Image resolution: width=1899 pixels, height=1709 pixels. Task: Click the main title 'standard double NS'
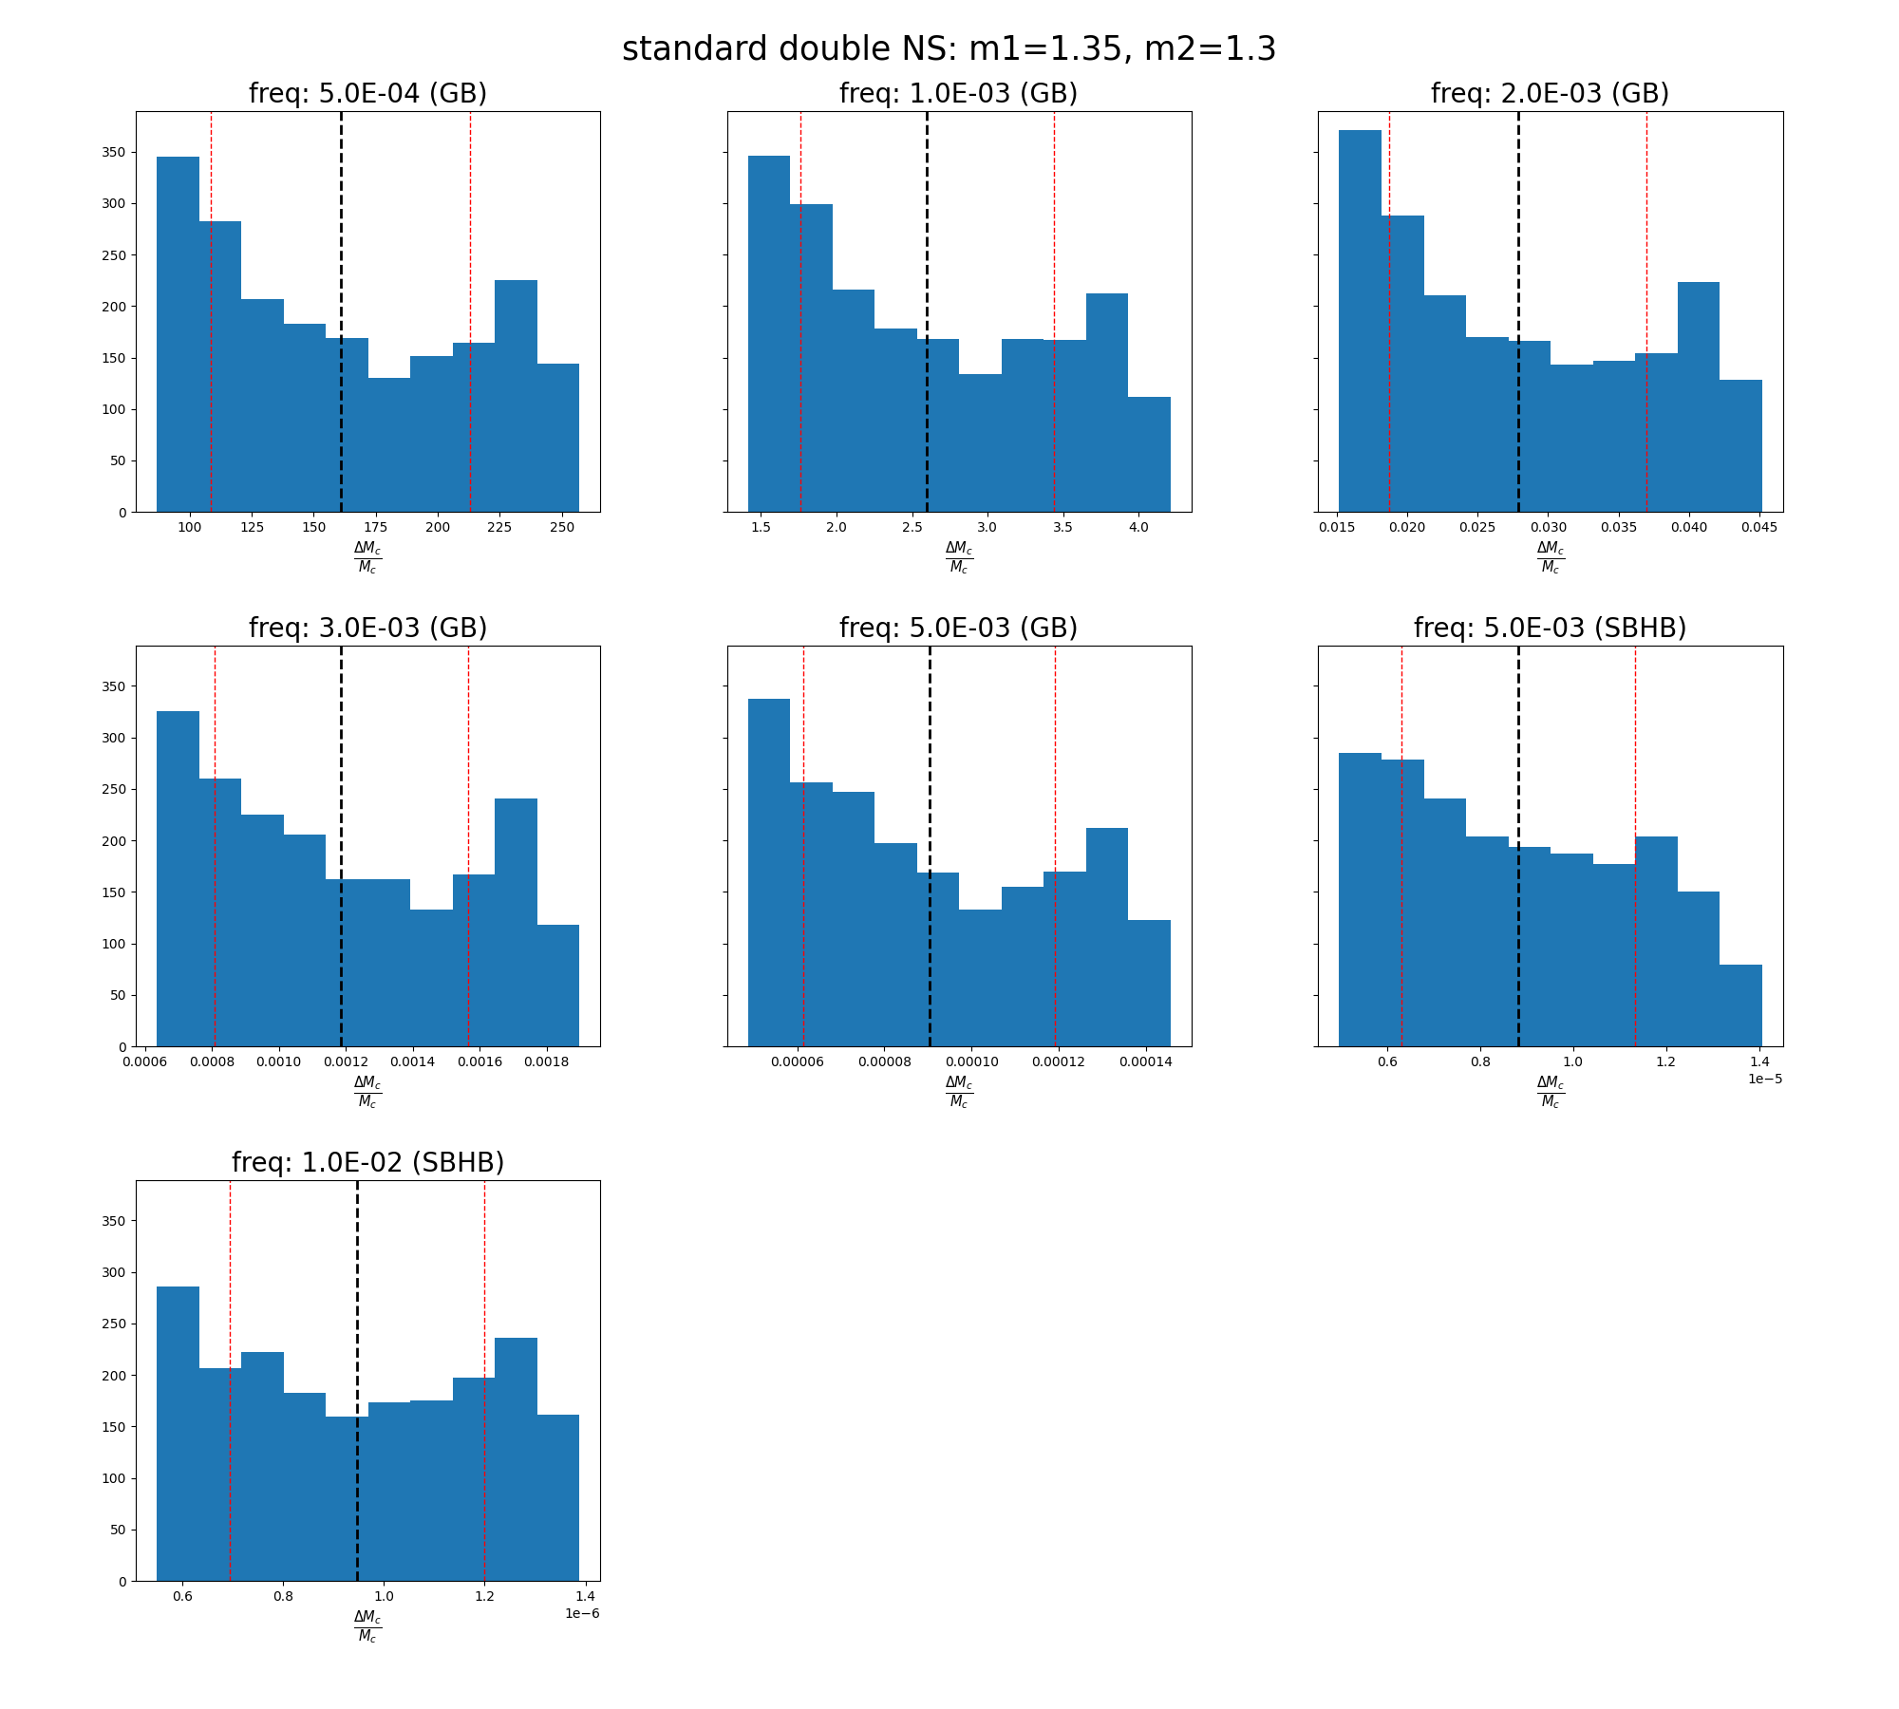[949, 49]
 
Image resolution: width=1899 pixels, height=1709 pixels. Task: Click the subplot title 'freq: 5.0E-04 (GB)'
[367, 94]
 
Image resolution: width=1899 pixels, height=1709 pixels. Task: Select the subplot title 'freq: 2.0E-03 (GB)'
[1550, 94]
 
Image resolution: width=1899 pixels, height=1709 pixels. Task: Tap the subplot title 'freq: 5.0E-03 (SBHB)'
[1550, 629]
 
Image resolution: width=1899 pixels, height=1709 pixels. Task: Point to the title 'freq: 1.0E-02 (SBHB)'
[367, 1163]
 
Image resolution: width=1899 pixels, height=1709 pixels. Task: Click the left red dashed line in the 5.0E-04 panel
[211, 285]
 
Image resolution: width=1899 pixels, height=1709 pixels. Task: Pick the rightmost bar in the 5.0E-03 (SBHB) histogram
[1740, 1006]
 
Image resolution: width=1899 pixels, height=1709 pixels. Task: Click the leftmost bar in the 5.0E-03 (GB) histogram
[769, 873]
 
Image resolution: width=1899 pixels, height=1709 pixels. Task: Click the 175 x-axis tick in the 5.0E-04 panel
[376, 528]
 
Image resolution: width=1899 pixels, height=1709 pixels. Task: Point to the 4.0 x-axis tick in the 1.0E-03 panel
[1138, 528]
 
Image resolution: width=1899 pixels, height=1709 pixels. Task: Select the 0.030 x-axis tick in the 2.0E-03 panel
[1549, 528]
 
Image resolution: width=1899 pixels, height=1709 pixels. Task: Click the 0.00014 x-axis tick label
[1146, 1062]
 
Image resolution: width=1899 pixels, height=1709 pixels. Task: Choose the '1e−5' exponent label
[1765, 1079]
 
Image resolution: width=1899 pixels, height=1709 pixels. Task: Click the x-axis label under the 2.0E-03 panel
[1551, 557]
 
